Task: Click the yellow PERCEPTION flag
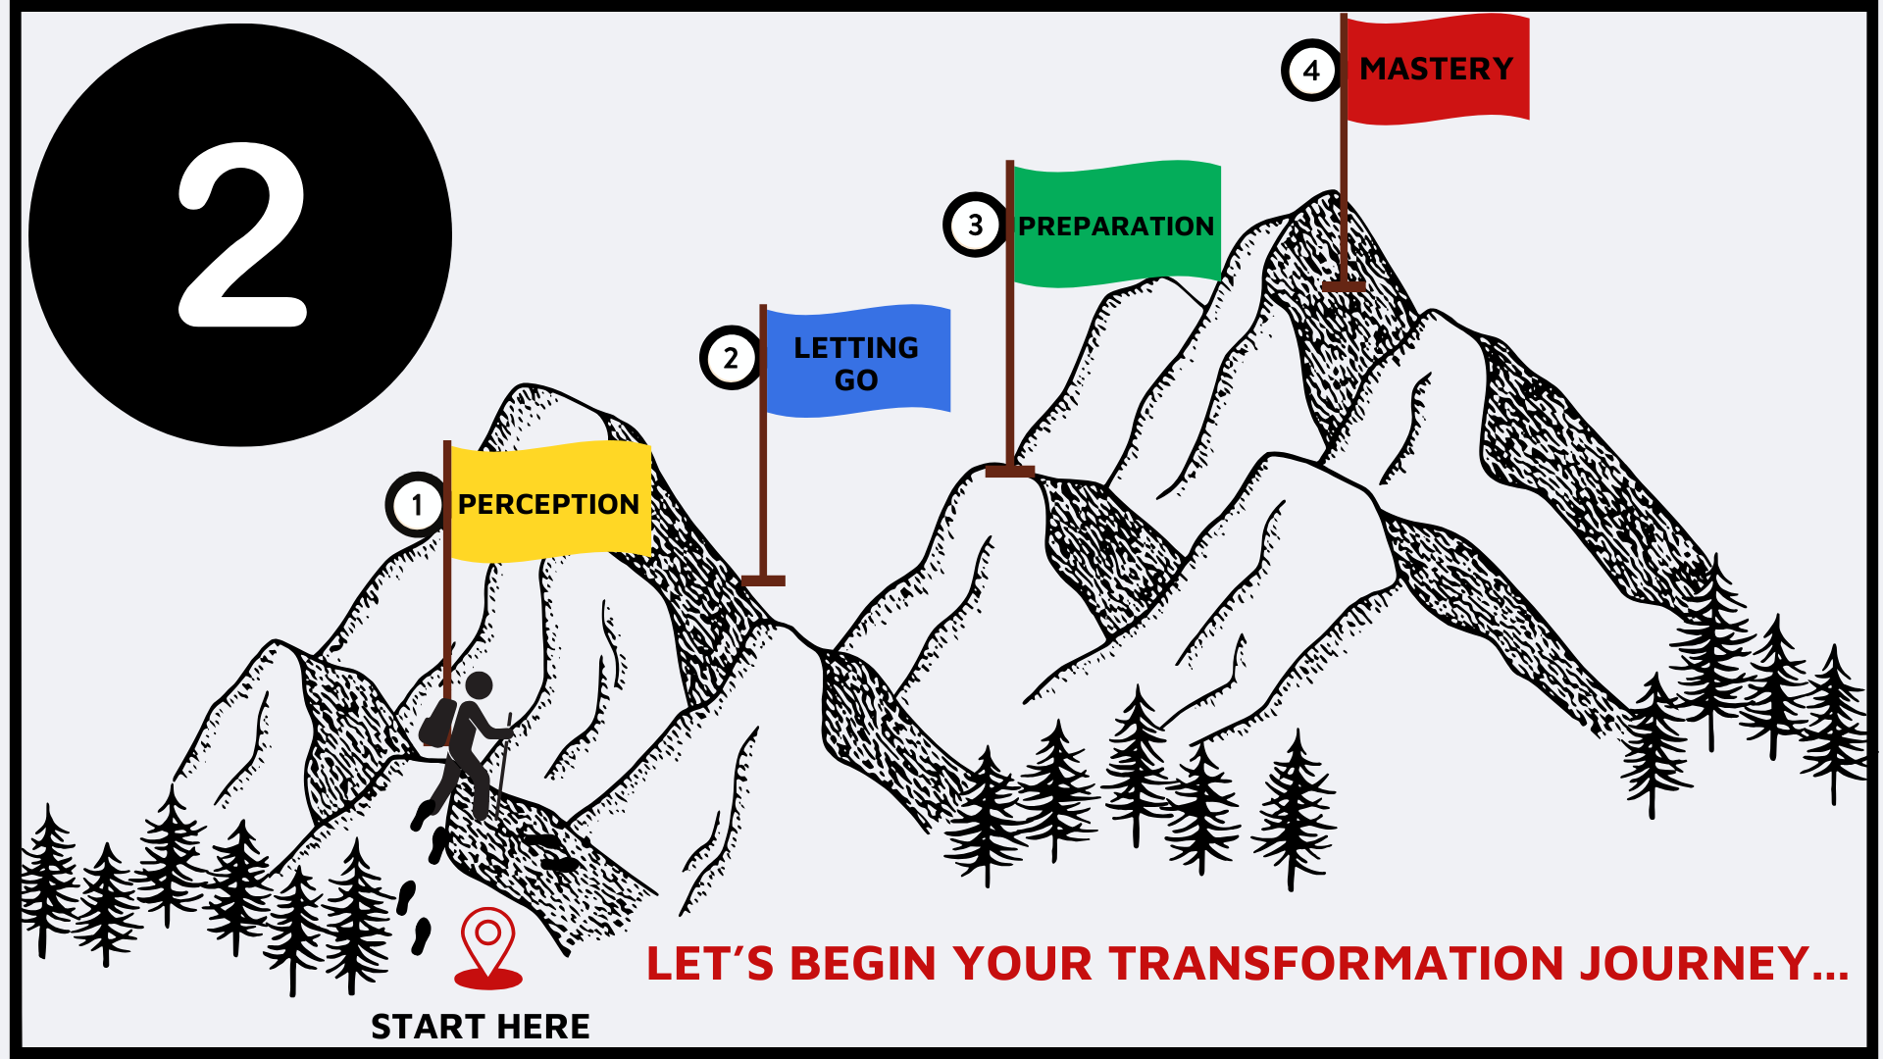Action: pyautogui.click(x=549, y=502)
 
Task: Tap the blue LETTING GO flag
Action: pyautogui.click(x=856, y=361)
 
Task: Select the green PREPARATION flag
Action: pyautogui.click(x=1116, y=226)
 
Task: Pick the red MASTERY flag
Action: pyautogui.click(x=1437, y=69)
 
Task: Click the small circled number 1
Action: pyautogui.click(x=416, y=505)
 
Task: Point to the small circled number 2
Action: pyautogui.click(x=731, y=358)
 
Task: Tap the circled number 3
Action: pyautogui.click(x=975, y=226)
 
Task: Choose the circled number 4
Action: pyautogui.click(x=1311, y=71)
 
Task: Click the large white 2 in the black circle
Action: pyautogui.click(x=241, y=235)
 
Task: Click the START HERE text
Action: pyautogui.click(x=481, y=1027)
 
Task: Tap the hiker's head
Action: pyautogui.click(x=479, y=685)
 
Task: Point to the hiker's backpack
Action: pyautogui.click(x=438, y=724)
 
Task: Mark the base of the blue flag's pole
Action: pyautogui.click(x=763, y=580)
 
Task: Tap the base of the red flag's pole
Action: pyautogui.click(x=1344, y=286)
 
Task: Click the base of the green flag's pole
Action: pyautogui.click(x=1010, y=472)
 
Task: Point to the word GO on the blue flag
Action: pyautogui.click(x=856, y=380)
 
